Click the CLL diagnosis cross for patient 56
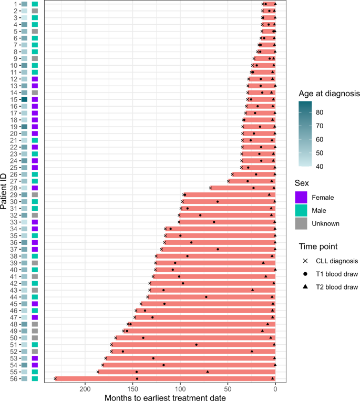point(55,378)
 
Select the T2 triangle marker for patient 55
point(208,372)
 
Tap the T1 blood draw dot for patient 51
point(197,345)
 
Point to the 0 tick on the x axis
point(275,389)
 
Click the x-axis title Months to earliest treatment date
point(165,397)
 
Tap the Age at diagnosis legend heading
point(328,94)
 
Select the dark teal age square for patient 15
point(24,99)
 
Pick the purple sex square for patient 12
point(35,79)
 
